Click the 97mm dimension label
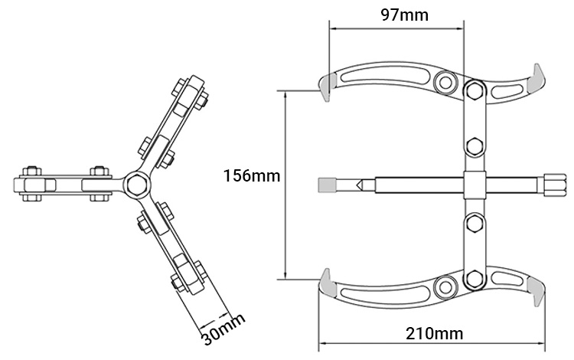pyautogui.click(x=404, y=15)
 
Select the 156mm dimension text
pyautogui.click(x=252, y=176)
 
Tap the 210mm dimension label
pyautogui.click(x=434, y=334)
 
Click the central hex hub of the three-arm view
pyautogui.click(x=135, y=183)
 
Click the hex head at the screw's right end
pyautogui.click(x=552, y=183)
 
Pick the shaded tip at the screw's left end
pyautogui.click(x=326, y=185)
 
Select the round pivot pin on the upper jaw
pyautogui.click(x=445, y=83)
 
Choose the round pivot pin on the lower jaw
pyautogui.click(x=445, y=287)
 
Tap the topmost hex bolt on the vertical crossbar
pyautogui.click(x=475, y=90)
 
